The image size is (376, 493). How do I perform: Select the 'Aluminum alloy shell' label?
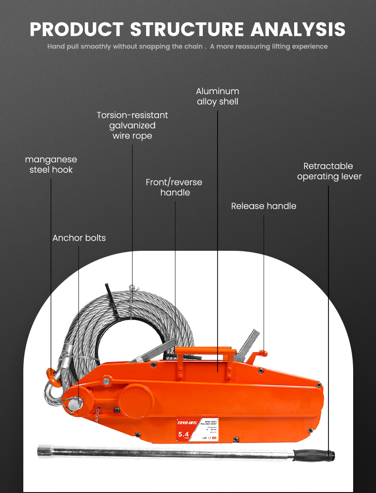coord(218,96)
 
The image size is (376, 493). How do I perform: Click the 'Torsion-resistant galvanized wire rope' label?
coord(132,125)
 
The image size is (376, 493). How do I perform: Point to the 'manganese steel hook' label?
coord(51,165)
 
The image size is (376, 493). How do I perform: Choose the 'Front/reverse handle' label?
coord(174,187)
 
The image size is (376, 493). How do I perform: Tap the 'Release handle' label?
coord(264,206)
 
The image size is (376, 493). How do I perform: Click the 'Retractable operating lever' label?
coord(329,171)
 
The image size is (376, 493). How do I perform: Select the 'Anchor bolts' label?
coord(79,238)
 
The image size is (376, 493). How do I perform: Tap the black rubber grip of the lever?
coord(314,455)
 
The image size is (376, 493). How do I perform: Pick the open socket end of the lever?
coord(42,450)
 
